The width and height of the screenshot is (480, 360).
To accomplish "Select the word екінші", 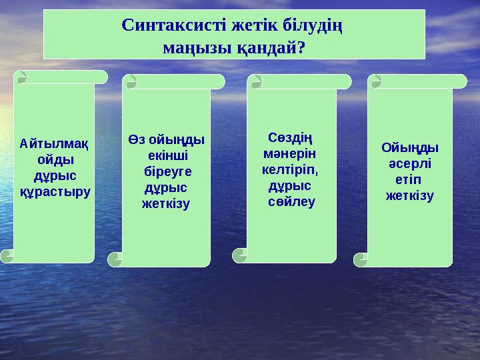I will point(167,155).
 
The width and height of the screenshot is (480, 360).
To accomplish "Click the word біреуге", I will point(167,171).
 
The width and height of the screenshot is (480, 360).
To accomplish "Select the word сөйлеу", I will point(292,201).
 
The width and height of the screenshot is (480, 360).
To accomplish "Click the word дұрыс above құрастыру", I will point(55,175).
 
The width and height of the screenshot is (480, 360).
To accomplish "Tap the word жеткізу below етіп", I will point(410,196).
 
